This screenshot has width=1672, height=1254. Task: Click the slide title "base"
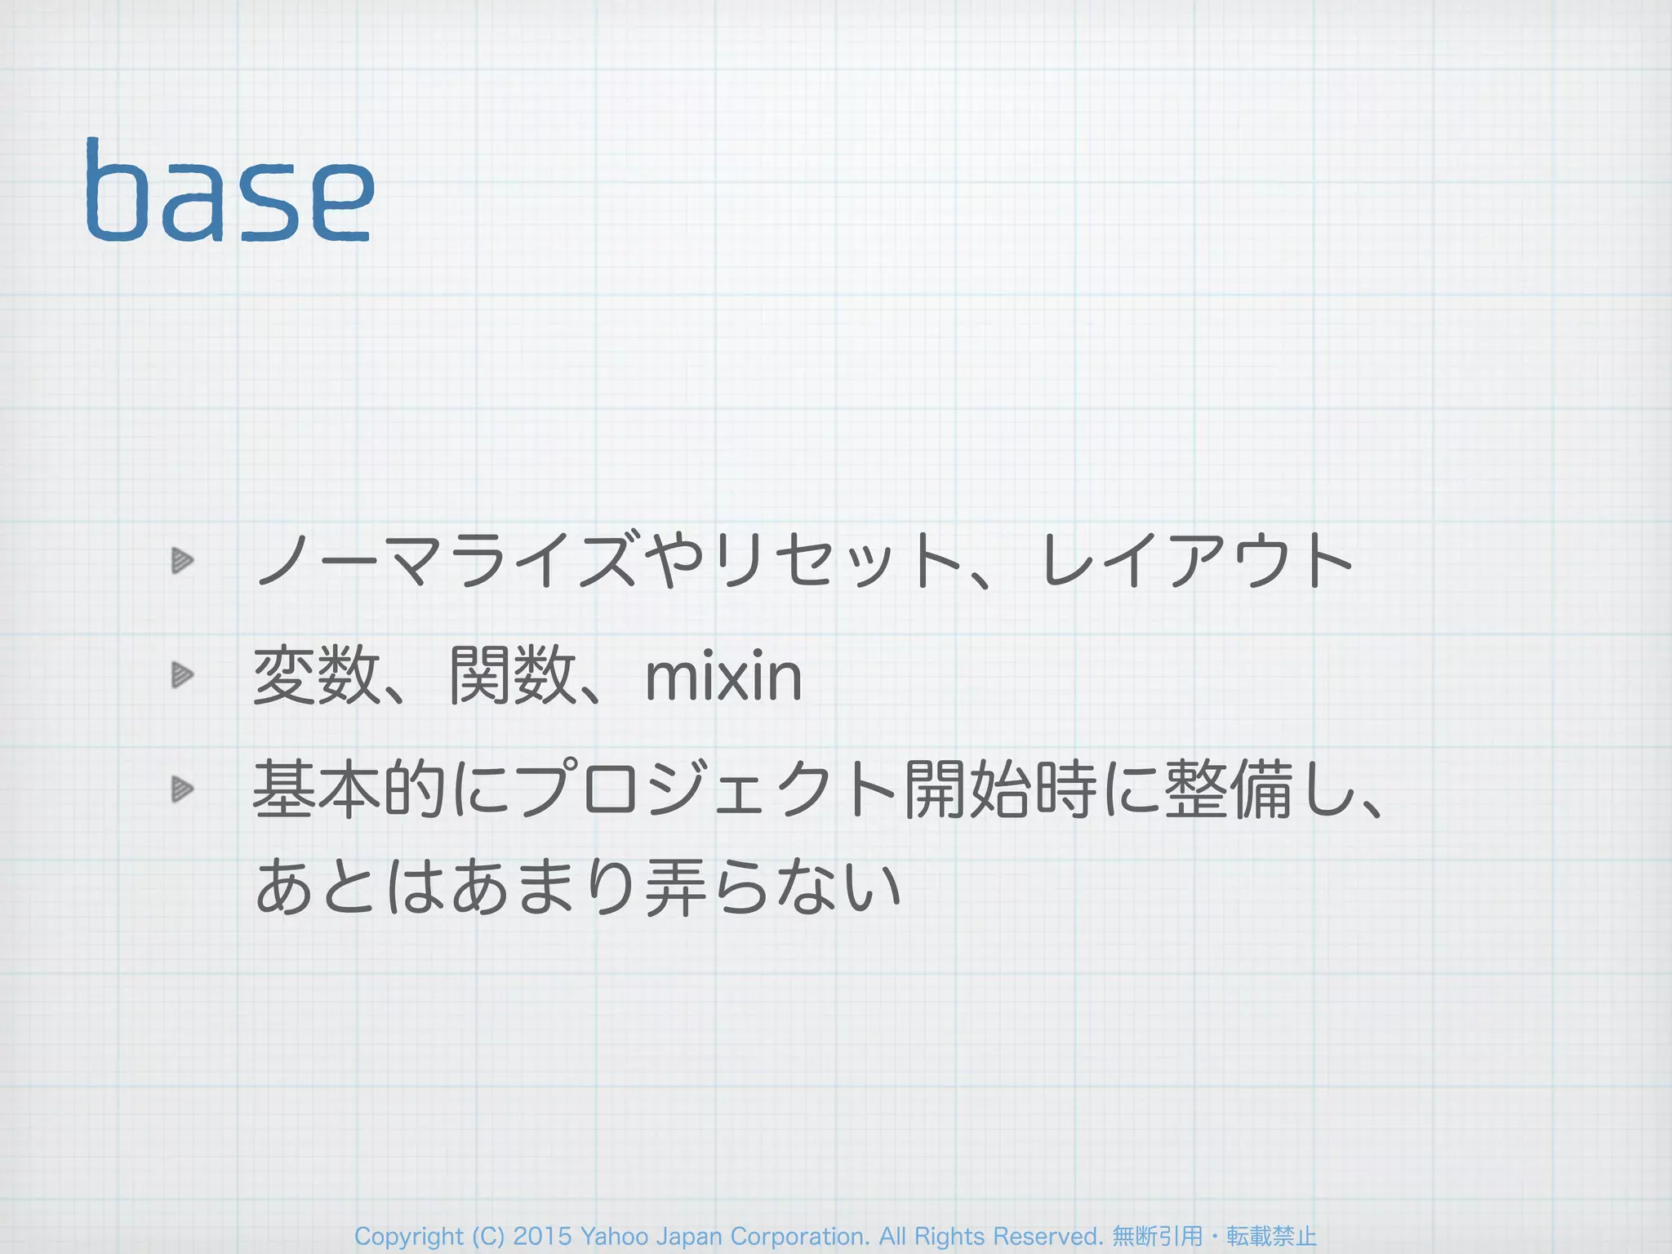pyautogui.click(x=229, y=191)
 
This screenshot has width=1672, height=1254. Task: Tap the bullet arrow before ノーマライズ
pyautogui.click(x=182, y=561)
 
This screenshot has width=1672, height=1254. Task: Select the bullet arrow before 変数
pyautogui.click(x=182, y=675)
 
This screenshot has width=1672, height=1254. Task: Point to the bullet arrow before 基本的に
pyautogui.click(x=182, y=789)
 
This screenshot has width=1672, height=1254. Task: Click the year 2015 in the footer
pyautogui.click(x=542, y=1237)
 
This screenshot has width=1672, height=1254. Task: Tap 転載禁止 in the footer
pyautogui.click(x=1272, y=1237)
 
